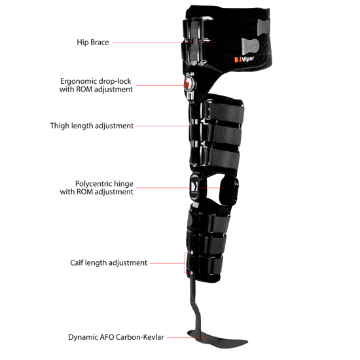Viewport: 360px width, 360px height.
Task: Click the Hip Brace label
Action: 93,43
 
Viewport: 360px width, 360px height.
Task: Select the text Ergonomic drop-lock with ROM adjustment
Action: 96,85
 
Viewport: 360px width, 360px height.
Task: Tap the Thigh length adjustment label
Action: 92,126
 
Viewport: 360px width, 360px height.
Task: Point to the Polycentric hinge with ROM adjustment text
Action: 96,188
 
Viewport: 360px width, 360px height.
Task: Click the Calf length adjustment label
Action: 109,262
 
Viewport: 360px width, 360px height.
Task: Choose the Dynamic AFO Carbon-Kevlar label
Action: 116,337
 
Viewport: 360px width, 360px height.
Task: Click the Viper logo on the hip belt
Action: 244,59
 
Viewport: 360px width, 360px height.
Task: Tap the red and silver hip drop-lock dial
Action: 190,83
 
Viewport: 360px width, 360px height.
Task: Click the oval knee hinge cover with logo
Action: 195,187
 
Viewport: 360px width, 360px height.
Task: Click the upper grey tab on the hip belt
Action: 263,27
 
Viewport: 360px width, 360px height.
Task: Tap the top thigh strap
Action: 225,113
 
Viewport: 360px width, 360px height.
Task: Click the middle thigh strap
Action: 225,135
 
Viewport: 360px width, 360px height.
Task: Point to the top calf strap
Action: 219,223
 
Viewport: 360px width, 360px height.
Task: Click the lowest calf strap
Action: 215,266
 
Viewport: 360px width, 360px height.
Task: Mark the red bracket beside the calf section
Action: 185,263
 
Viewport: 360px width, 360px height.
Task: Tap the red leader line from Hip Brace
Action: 164,43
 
